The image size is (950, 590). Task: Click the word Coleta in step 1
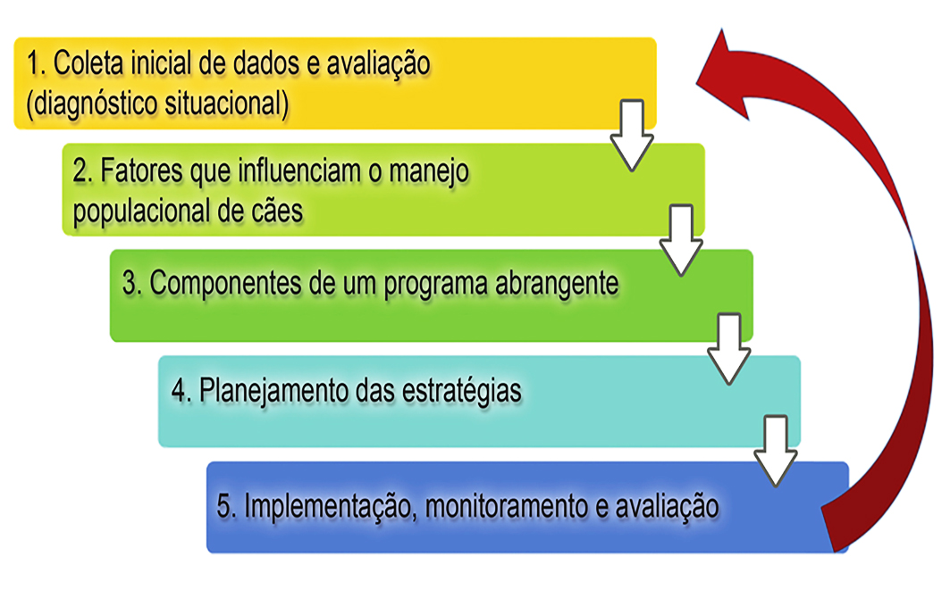coord(88,63)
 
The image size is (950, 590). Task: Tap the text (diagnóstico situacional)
coord(157,103)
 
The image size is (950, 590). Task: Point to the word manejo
coord(429,172)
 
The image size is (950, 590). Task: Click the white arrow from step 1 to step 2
coord(631,135)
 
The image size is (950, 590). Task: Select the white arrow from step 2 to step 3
coord(681,240)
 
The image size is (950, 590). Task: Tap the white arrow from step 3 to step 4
coord(729,348)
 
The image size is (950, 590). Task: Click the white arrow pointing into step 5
coord(776,451)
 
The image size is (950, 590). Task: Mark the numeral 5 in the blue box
coord(224,506)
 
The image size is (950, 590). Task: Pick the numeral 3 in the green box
coord(129,283)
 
